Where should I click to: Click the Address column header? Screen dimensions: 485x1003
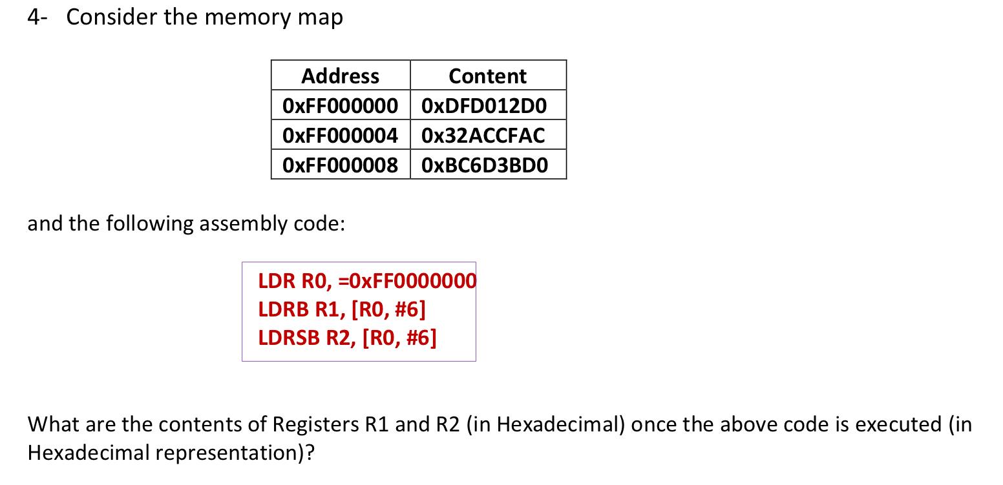point(340,76)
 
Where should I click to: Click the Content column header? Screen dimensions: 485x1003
point(487,76)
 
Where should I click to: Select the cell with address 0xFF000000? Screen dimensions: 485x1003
point(340,106)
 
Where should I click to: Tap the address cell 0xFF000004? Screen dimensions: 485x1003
point(340,136)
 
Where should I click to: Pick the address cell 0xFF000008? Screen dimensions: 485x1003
point(340,165)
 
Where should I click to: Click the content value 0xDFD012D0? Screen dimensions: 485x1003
point(484,106)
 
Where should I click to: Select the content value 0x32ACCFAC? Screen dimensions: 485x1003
point(483,136)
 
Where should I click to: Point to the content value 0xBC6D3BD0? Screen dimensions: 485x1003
point(484,165)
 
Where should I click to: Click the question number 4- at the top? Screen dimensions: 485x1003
point(37,17)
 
